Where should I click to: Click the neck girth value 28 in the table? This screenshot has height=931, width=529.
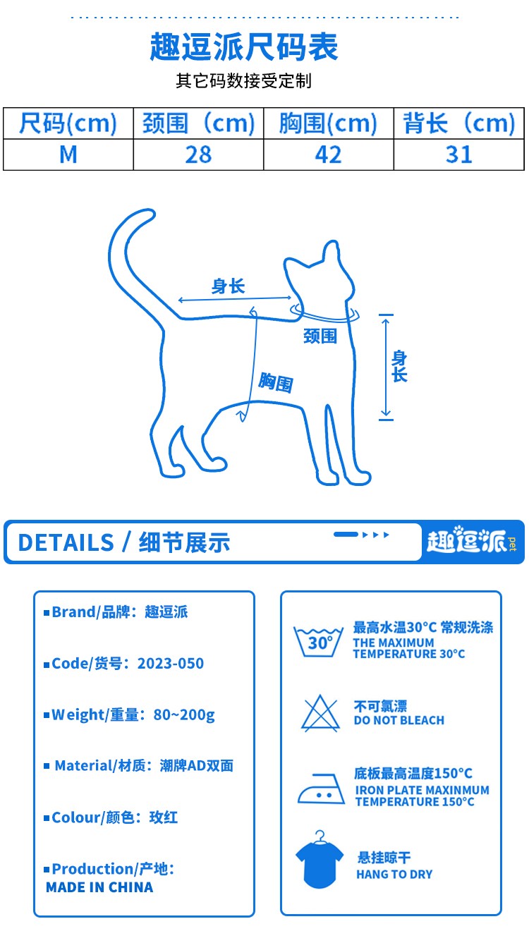198,154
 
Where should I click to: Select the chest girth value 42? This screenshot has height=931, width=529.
328,154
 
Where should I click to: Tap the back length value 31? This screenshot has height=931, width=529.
458,154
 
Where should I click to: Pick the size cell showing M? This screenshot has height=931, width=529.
68,154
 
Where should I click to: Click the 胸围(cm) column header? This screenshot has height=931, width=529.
328,123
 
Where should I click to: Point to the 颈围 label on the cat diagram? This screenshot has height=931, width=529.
320,336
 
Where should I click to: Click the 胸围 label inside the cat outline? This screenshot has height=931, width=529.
276,382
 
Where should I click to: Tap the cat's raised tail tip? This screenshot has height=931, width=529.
150,214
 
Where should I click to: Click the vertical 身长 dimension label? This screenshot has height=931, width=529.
399,366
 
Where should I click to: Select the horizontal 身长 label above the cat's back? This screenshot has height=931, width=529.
228,286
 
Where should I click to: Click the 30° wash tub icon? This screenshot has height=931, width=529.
319,642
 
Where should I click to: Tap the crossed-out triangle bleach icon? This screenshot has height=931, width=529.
320,713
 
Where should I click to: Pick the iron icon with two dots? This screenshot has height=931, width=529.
321,789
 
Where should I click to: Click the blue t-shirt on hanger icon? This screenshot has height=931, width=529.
320,860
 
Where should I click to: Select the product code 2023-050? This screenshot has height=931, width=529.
171,663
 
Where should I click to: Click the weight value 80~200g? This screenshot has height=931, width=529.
184,715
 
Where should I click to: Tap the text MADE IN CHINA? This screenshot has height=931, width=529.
99,887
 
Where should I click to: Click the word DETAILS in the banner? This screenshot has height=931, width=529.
66,542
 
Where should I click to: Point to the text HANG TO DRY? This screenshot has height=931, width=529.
394,875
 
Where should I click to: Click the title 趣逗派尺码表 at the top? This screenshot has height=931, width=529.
244,47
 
